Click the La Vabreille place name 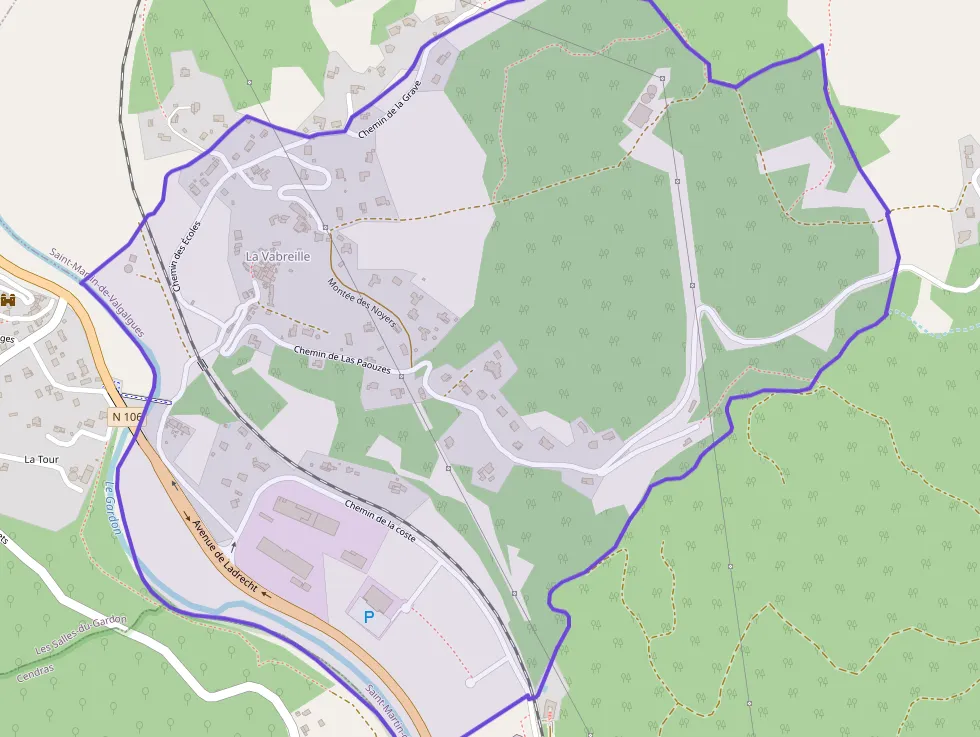point(278,257)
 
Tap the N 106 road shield point(128,416)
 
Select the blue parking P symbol point(369,618)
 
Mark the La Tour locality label point(43,459)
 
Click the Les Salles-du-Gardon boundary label point(81,635)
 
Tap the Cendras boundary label point(36,672)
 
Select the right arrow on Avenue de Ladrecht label point(187,517)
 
